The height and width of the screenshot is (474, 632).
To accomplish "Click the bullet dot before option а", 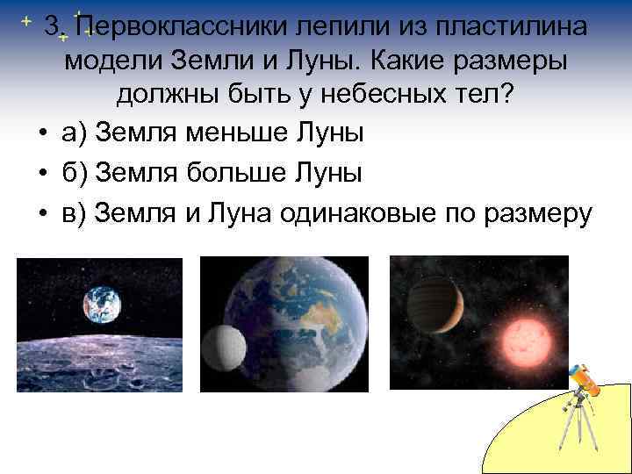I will click(41, 133).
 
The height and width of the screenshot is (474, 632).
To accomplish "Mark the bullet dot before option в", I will click(41, 214).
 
